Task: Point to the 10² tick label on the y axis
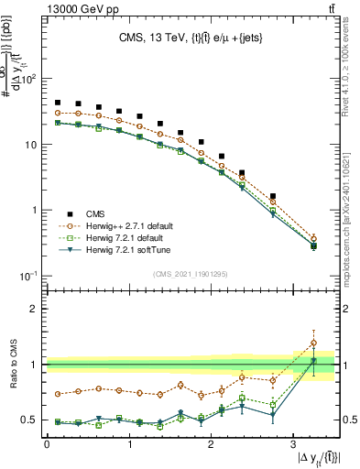pyautogui.click(x=28, y=79)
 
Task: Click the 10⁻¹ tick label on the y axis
pyautogui.click(x=28, y=276)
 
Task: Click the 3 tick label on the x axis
pyautogui.click(x=293, y=444)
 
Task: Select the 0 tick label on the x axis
pyautogui.click(x=47, y=444)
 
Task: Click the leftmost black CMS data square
pyautogui.click(x=58, y=103)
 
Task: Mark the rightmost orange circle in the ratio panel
pyautogui.click(x=314, y=343)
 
